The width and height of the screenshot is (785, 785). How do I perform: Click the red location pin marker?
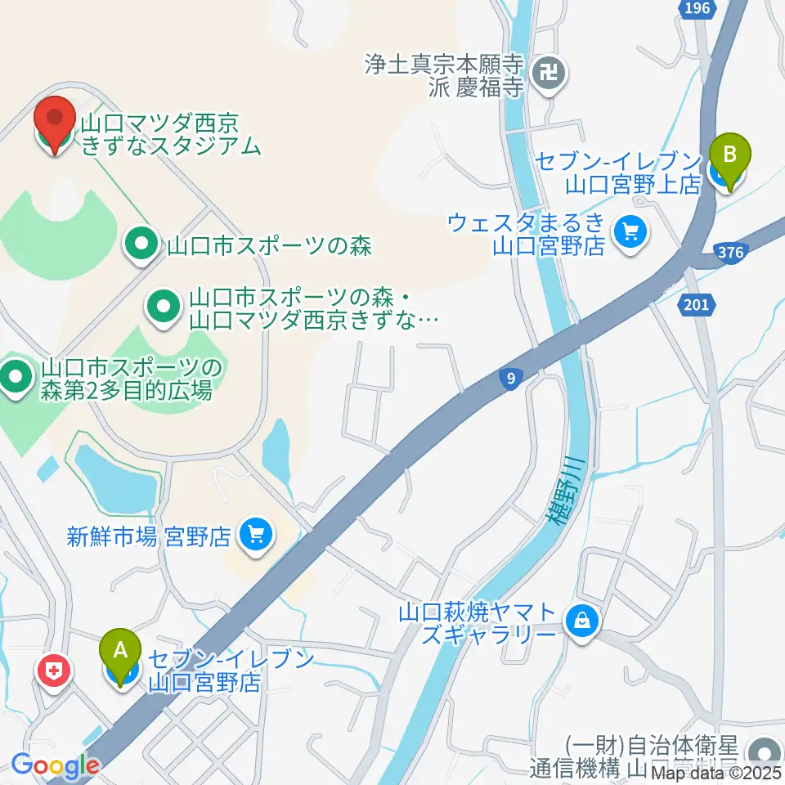(x=55, y=123)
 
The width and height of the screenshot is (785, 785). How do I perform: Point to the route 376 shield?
(x=729, y=252)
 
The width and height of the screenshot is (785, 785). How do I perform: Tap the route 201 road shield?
(x=696, y=304)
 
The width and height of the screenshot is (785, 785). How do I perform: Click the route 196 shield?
(x=698, y=7)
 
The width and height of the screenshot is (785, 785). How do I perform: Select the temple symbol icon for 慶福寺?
(x=547, y=74)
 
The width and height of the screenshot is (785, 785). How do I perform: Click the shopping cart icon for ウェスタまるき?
(x=630, y=233)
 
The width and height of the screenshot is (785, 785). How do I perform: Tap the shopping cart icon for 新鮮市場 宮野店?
(x=256, y=536)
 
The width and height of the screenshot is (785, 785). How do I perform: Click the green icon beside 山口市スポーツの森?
(x=141, y=243)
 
